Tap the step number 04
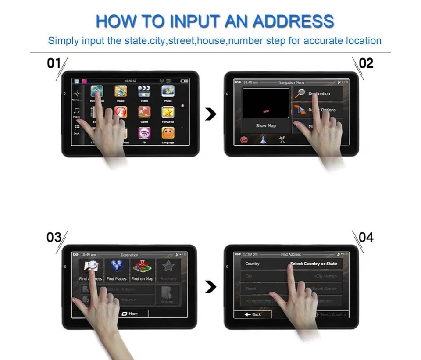366,237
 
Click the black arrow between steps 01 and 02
211,114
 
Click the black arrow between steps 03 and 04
211,288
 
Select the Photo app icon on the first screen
168,91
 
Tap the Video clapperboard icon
144,91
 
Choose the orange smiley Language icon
168,133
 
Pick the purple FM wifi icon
144,133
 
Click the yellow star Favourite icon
168,112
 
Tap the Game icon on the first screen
144,112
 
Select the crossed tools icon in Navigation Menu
282,140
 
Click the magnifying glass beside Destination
300,93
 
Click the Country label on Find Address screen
252,264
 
